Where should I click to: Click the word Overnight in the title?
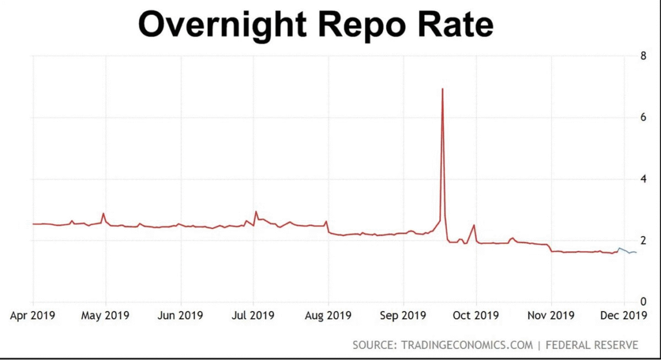coord(222,25)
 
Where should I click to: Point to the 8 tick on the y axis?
coord(643,55)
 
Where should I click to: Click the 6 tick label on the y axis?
coord(643,117)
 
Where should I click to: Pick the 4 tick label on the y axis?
coord(643,179)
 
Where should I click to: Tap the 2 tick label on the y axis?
coord(643,240)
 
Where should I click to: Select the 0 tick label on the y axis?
coord(643,301)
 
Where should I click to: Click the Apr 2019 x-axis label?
coord(32,315)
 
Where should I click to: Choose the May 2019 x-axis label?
coord(105,315)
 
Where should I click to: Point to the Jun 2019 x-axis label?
coord(180,315)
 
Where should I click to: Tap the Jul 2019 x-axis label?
coord(253,315)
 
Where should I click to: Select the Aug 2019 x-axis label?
coord(328,315)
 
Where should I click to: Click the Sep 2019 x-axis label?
coord(403,315)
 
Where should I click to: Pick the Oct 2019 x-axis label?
coord(476,315)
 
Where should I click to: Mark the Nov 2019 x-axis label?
coord(551,315)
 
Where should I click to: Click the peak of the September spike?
coord(442,88)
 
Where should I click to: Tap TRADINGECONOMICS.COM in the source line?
coord(467,345)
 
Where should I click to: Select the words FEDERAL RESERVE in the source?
coord(592,345)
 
